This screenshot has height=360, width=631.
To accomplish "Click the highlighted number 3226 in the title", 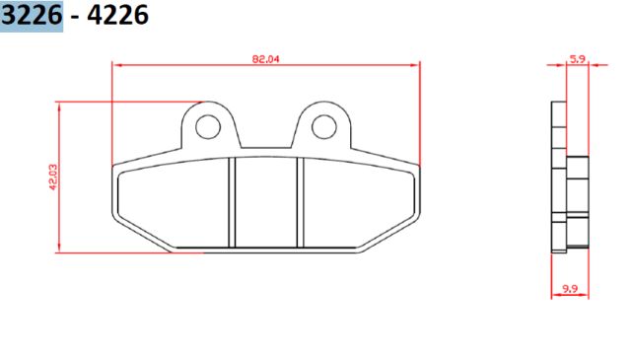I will point(34,17).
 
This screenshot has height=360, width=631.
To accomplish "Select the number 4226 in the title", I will point(118,17).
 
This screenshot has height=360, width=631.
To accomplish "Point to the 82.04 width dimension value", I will point(266,59).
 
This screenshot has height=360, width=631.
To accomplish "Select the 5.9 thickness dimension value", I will point(578,59).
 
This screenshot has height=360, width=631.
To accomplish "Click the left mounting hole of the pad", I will point(207,126).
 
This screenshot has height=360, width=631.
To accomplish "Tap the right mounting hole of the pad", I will point(324,126).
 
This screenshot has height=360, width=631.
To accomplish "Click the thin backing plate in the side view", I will point(559,178).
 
